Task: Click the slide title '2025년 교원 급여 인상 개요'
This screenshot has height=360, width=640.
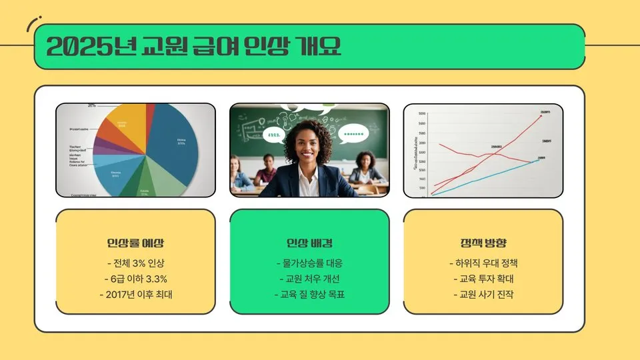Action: coord(194,47)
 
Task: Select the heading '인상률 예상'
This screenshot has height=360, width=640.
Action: coord(135,243)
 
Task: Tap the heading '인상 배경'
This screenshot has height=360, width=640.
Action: coord(309,243)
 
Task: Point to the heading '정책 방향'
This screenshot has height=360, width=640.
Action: coord(483,243)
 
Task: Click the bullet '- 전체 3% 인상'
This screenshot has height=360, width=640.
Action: coord(135,263)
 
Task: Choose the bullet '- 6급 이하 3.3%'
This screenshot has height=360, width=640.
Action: coord(135,279)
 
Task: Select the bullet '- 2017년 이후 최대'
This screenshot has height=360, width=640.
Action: coord(135,295)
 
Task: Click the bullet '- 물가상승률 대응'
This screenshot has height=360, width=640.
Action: coord(309,263)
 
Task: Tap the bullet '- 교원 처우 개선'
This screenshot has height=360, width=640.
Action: coord(309,279)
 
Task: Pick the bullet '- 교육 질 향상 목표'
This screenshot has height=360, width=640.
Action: coord(309,295)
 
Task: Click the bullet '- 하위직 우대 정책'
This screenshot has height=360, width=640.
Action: coord(483,263)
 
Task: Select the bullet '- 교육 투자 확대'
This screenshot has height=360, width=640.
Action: coord(483,279)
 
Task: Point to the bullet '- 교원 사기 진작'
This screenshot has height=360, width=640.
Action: coord(483,295)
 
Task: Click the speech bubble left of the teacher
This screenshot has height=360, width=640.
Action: coord(273,135)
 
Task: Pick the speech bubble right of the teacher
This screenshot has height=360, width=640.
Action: coord(353,134)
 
